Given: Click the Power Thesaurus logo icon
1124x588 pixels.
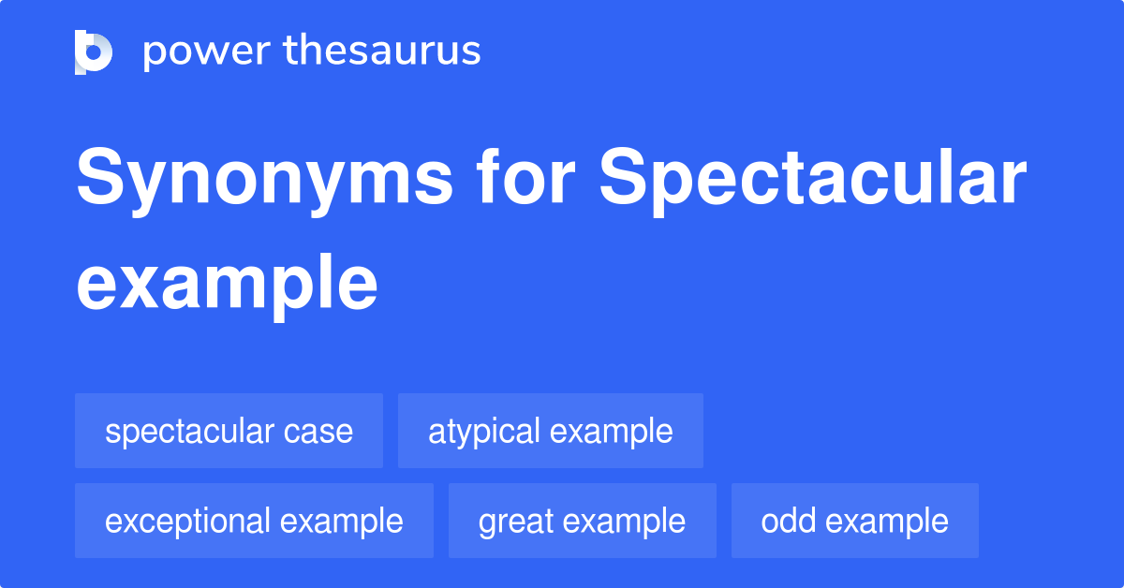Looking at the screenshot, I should tap(94, 51).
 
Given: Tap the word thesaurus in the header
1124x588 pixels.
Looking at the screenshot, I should tap(383, 51).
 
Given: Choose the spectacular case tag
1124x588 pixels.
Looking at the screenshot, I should tap(229, 431).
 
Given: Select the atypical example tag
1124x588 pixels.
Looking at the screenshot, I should tap(550, 431).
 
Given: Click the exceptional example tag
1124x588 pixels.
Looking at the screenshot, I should tap(254, 521).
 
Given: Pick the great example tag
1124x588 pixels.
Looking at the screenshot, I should tap(582, 521).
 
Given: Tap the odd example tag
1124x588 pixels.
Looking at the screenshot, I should tap(854, 521).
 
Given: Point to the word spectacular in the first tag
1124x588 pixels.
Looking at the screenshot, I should tap(191, 432).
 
